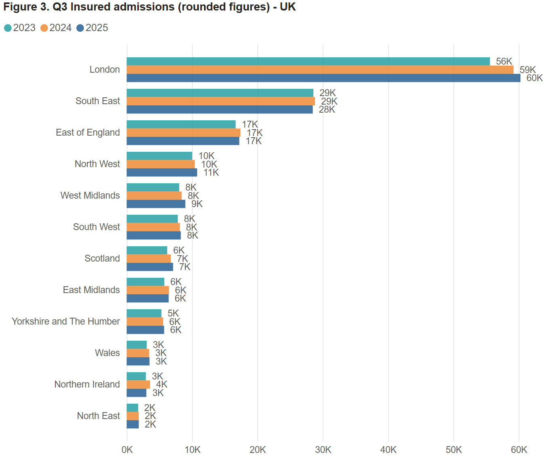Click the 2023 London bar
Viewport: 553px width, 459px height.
[x=308, y=61]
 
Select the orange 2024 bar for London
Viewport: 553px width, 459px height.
[x=320, y=70]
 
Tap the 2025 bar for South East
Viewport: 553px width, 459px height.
[x=219, y=109]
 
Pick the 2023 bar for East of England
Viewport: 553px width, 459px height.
[x=181, y=124]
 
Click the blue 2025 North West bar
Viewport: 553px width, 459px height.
[x=162, y=172]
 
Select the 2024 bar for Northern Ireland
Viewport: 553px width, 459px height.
[x=138, y=384]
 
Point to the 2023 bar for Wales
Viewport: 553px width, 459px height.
[x=137, y=345]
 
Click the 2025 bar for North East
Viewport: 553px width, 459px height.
[x=132, y=424]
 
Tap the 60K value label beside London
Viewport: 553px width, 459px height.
[x=534, y=78]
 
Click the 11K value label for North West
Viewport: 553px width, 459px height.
[x=211, y=172]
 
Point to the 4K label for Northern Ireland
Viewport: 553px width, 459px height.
[x=162, y=384]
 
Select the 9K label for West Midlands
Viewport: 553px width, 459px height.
[x=197, y=204]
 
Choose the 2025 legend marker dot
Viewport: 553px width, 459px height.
[x=80, y=28]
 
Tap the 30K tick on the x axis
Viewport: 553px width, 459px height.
[x=323, y=450]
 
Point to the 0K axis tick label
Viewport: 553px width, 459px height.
[x=127, y=450]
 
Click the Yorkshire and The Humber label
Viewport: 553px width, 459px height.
[x=66, y=321]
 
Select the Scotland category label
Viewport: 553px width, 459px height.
[x=102, y=258]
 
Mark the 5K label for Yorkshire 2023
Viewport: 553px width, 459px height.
[x=173, y=313]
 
